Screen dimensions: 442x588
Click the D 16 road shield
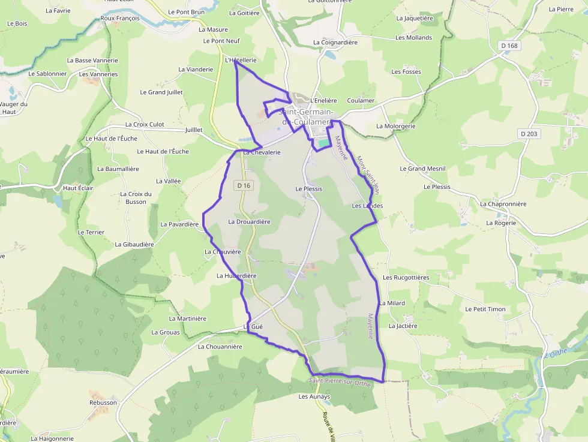click(x=244, y=186)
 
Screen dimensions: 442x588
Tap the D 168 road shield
click(x=509, y=46)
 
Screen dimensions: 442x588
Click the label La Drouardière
click(x=249, y=222)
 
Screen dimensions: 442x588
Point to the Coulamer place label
click(x=361, y=101)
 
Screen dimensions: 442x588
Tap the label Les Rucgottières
click(x=406, y=278)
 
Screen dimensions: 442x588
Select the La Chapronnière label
click(x=503, y=204)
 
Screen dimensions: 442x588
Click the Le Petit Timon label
click(x=485, y=309)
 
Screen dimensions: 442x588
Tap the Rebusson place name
click(x=103, y=402)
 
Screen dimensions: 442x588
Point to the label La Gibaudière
click(x=134, y=245)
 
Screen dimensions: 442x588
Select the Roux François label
click(x=120, y=19)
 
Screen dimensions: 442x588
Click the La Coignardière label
click(x=335, y=43)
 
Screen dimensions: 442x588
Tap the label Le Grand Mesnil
click(x=423, y=169)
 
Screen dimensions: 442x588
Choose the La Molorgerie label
click(x=396, y=127)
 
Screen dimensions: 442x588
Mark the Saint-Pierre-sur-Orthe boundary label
click(x=340, y=382)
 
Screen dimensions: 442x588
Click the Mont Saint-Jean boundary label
click(x=368, y=175)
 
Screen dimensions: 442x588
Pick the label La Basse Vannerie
click(x=92, y=61)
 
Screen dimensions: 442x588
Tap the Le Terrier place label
click(x=91, y=232)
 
